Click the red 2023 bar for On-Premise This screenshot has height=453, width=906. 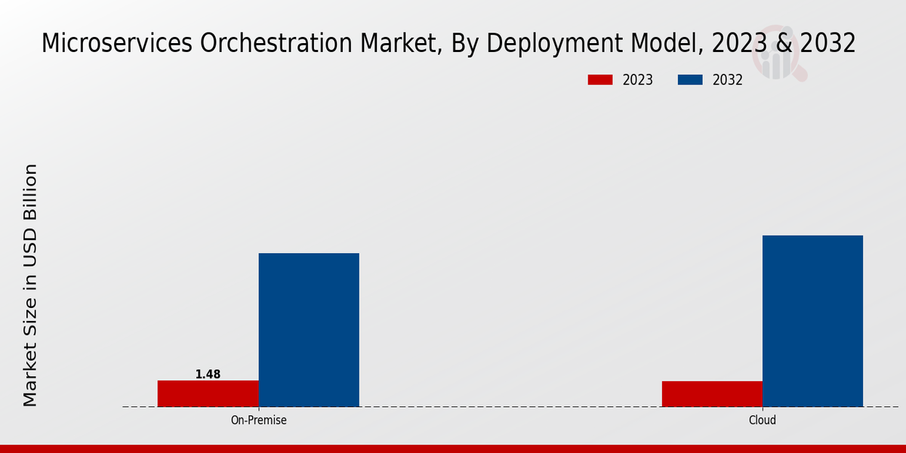pyautogui.click(x=208, y=393)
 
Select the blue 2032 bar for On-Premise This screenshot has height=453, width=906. pyautogui.click(x=309, y=330)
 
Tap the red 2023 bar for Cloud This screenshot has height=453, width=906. pyautogui.click(x=712, y=394)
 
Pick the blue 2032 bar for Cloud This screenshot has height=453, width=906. pyautogui.click(x=812, y=321)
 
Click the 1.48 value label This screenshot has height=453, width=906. pyautogui.click(x=208, y=374)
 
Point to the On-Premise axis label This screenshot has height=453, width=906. pyautogui.click(x=258, y=421)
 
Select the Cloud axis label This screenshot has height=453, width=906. pyautogui.click(x=763, y=421)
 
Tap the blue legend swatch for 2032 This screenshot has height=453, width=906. pyautogui.click(x=691, y=80)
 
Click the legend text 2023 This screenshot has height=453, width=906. pyautogui.click(x=638, y=80)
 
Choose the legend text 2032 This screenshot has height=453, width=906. pyautogui.click(x=728, y=80)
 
